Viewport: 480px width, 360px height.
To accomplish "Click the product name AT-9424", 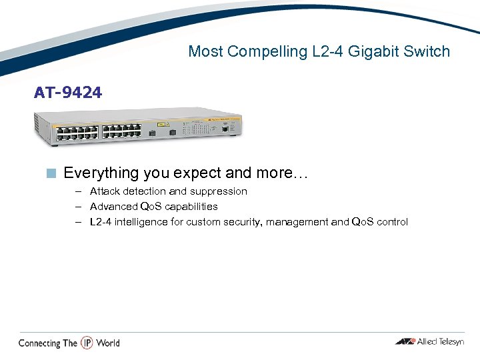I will click(68, 93).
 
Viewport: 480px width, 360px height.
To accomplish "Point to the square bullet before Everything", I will click(51, 173).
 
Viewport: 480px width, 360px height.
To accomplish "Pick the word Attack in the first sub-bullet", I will click(103, 191).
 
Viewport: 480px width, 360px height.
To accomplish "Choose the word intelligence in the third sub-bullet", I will click(141, 222).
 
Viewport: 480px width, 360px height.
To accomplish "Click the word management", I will click(297, 222).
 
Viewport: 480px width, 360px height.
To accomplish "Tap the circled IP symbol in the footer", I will click(87, 343).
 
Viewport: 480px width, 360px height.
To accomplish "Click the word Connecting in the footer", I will click(39, 343).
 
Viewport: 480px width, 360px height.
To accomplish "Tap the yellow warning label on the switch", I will click(161, 125).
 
